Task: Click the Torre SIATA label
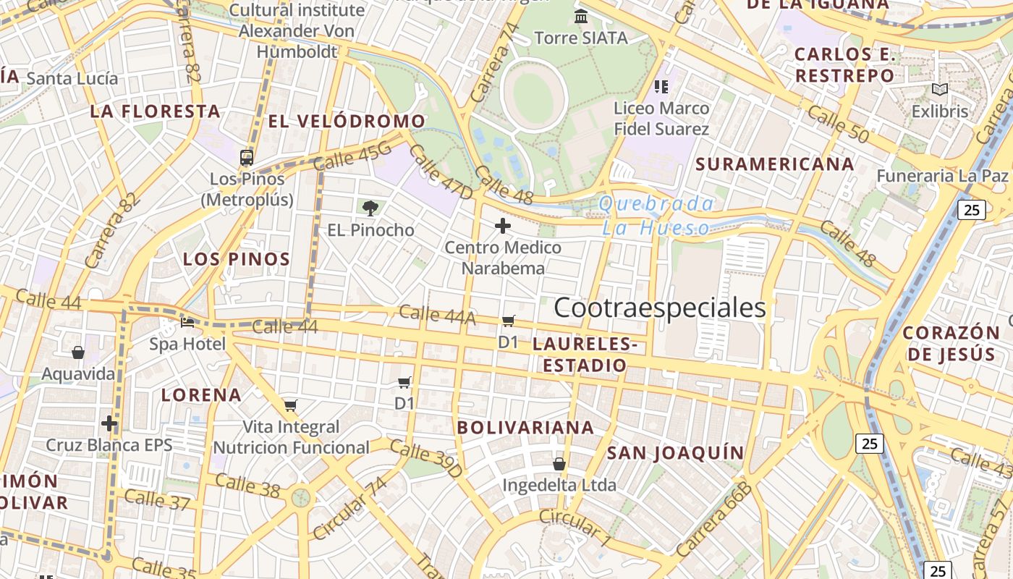[x=580, y=38]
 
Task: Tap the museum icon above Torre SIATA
[x=580, y=16]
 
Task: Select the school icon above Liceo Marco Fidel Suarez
[x=661, y=87]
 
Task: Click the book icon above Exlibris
[x=939, y=90]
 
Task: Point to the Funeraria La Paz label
[x=942, y=176]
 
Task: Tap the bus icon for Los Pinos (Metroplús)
[x=247, y=157]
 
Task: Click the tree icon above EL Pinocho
[x=370, y=209]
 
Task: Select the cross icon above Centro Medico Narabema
[x=502, y=227]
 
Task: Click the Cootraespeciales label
[x=659, y=308]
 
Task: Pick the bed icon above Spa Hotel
[x=187, y=322]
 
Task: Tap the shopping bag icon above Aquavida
[x=78, y=352]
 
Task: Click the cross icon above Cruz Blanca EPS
[x=109, y=423]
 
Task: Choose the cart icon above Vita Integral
[x=290, y=405]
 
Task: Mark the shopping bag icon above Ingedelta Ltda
[x=559, y=463]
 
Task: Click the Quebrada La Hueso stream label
[x=656, y=216]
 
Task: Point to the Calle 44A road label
[x=437, y=315]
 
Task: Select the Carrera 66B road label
[x=714, y=519]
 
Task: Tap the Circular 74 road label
[x=350, y=508]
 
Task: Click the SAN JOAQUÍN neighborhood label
[x=675, y=453]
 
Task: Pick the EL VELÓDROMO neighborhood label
[x=347, y=121]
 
